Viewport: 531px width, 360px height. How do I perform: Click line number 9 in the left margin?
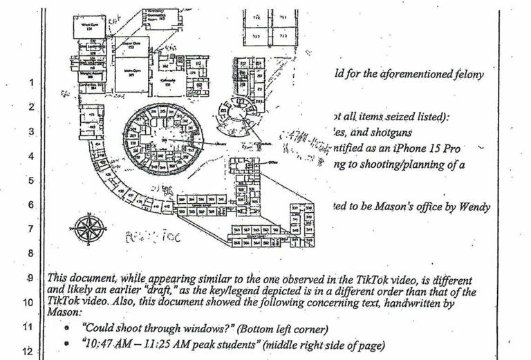coord(30,278)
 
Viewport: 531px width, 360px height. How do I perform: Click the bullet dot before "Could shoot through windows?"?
coord(66,329)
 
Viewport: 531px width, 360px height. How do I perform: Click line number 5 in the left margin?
coord(30,181)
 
